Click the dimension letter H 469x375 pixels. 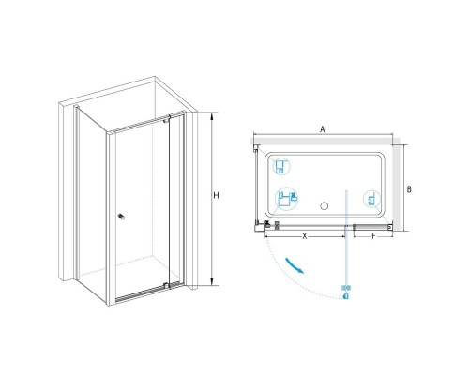[216, 196]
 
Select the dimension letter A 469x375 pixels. [323, 129]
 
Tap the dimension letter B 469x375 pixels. [409, 189]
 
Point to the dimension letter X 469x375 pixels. [305, 236]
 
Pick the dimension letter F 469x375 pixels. [373, 236]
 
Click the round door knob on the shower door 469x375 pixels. [121, 217]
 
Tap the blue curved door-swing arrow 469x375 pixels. [295, 265]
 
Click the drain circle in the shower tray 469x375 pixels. [325, 206]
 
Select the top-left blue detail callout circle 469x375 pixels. [281, 166]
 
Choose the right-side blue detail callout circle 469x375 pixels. [371, 199]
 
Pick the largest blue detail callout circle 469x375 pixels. [286, 199]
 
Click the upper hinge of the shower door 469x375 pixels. [169, 118]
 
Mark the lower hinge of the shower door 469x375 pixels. [167, 285]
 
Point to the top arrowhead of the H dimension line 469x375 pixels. [212, 114]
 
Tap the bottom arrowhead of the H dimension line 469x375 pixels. [212, 282]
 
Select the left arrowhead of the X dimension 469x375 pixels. [266, 236]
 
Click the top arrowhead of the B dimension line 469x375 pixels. [403, 147]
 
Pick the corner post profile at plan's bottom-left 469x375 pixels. [259, 228]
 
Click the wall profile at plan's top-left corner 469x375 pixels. [256, 148]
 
